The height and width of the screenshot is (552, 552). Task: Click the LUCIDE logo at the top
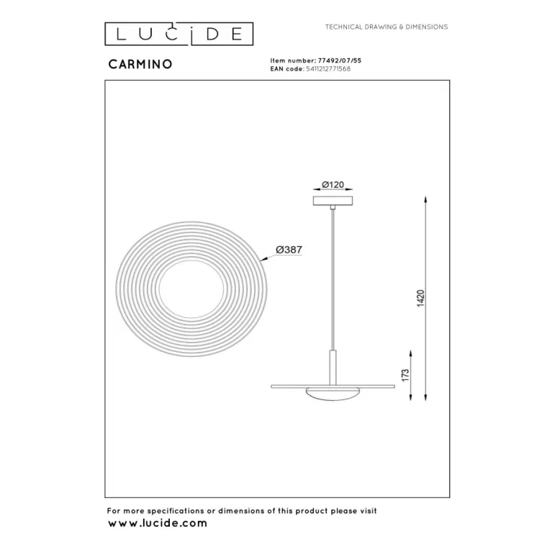tap(178, 34)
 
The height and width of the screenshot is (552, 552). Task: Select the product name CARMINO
tap(140, 64)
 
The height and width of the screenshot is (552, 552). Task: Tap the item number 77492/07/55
tap(340, 60)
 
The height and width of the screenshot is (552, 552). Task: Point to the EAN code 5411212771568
tap(328, 69)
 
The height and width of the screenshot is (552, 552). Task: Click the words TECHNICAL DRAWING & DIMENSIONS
tap(386, 27)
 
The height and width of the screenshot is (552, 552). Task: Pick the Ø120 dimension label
tap(332, 184)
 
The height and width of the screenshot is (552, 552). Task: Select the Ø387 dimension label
tap(289, 250)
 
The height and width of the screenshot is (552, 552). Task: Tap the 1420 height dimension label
tap(421, 298)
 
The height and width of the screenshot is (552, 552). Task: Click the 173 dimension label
tap(405, 375)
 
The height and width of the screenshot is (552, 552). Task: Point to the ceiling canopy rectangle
tap(333, 201)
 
